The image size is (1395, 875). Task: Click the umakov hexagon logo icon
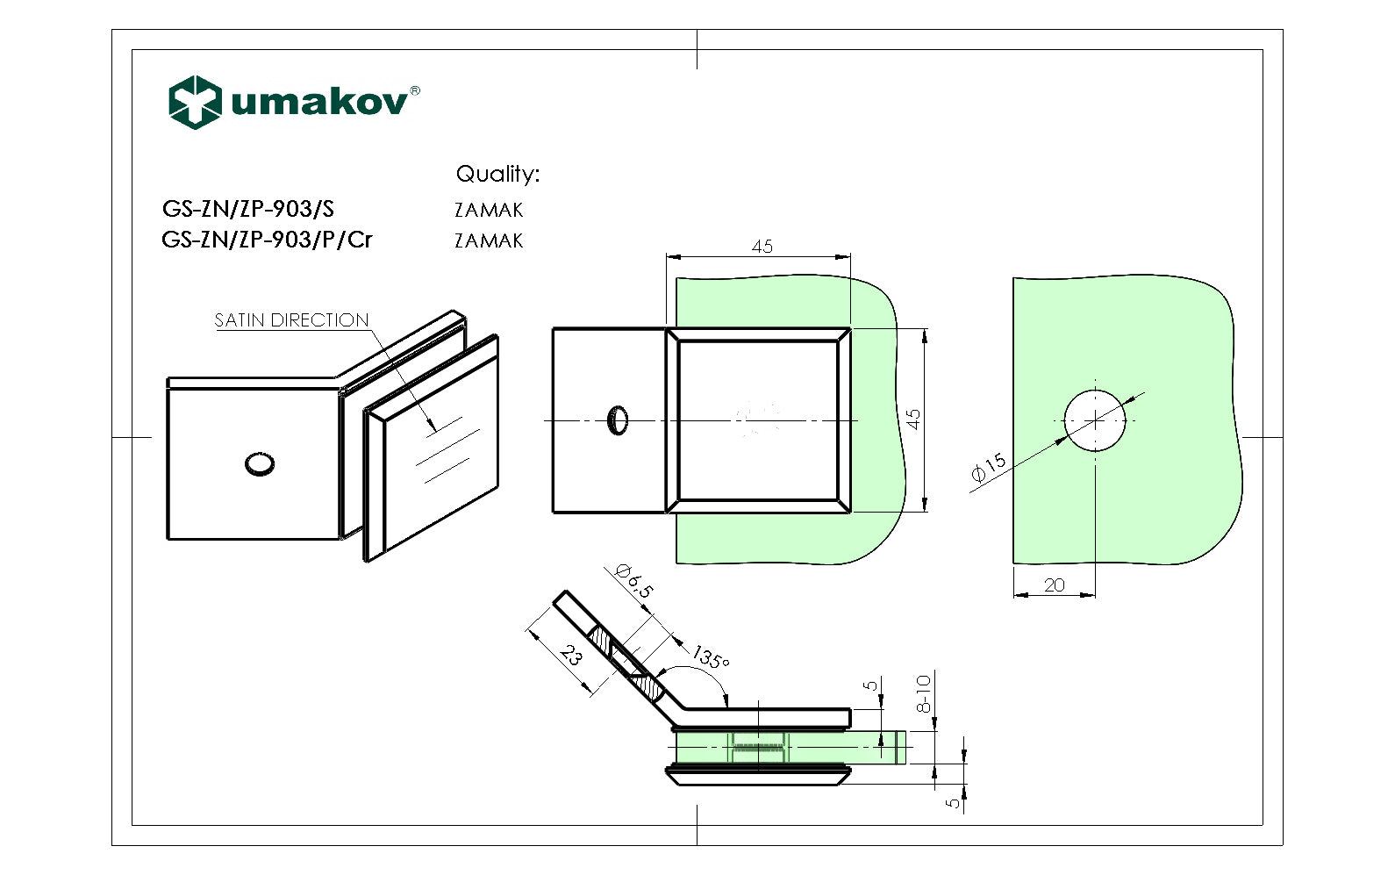click(194, 103)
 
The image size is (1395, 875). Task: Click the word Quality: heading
click(497, 174)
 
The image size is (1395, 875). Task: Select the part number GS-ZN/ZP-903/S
click(248, 209)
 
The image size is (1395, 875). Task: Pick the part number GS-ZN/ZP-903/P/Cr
click(267, 239)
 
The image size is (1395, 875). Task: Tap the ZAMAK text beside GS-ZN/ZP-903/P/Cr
click(489, 240)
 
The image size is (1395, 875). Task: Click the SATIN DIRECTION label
click(291, 320)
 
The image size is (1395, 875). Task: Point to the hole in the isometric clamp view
click(259, 463)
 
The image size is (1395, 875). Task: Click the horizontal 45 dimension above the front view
click(762, 247)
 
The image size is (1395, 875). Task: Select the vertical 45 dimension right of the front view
click(912, 420)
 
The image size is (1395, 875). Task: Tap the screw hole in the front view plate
click(618, 420)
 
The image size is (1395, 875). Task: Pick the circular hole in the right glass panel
click(1095, 420)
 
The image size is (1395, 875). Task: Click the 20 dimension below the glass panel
click(1055, 585)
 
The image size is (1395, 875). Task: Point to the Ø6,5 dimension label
click(634, 581)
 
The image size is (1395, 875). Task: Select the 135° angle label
click(711, 657)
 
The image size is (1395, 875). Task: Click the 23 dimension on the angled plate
click(571, 656)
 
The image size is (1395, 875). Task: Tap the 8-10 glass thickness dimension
click(923, 693)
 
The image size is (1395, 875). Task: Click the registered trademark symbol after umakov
click(415, 90)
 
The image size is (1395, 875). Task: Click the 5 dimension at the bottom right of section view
click(955, 800)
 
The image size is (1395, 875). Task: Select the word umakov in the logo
click(319, 103)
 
